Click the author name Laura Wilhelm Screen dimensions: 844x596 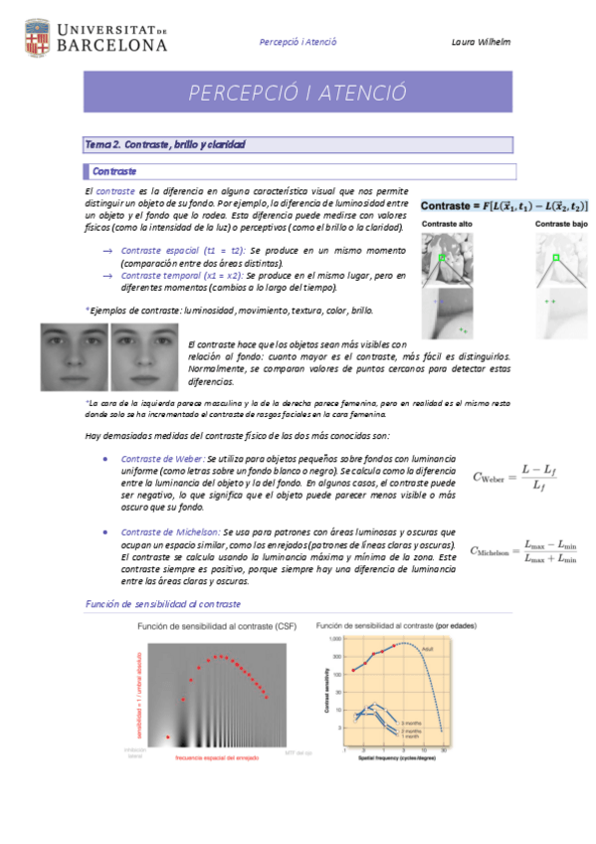[480, 42]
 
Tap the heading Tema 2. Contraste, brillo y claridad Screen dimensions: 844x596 [165, 145]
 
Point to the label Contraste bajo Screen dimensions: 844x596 [558, 225]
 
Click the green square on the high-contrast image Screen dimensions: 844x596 [443, 261]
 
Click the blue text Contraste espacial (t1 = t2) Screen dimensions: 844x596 [183, 251]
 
